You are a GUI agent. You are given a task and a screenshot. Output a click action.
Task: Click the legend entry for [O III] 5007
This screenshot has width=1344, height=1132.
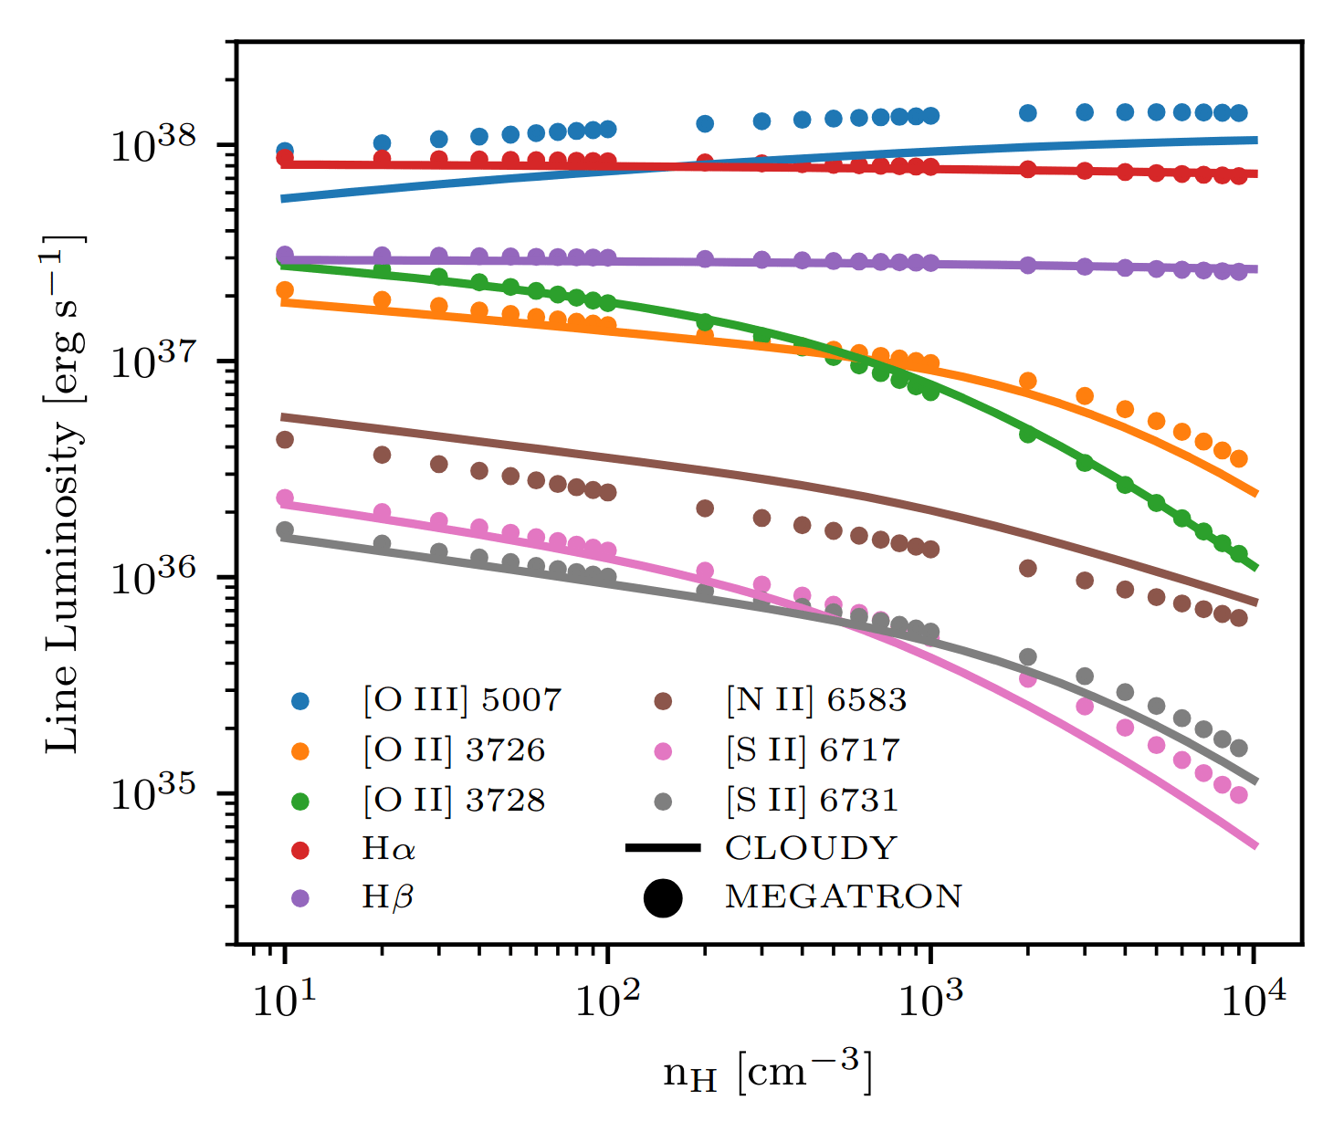(462, 700)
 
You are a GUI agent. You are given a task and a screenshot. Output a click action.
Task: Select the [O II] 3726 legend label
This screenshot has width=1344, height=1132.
(454, 750)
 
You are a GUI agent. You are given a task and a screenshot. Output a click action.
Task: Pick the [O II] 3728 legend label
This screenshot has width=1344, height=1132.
(454, 801)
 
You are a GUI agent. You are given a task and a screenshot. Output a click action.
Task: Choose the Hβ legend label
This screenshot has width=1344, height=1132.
(388, 897)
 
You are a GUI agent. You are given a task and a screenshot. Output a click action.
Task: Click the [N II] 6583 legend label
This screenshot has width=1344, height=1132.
(816, 700)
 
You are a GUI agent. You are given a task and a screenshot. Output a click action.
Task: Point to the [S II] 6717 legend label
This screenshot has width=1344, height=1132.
(813, 750)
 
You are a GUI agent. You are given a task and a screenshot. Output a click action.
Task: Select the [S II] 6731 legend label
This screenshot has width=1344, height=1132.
(813, 801)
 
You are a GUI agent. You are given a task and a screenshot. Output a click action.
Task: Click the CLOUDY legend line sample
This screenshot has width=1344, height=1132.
(663, 849)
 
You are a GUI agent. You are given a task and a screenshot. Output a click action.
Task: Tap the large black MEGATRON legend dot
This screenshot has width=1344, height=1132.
(663, 897)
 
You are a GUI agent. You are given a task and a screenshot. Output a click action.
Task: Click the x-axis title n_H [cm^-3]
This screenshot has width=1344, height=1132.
(768, 1073)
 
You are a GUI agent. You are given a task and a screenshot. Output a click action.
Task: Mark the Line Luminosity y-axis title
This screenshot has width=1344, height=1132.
(66, 493)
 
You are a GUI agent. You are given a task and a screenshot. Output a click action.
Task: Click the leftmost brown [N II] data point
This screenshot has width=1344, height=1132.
(285, 440)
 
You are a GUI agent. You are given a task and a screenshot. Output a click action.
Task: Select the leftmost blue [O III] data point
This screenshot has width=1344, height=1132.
(285, 152)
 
